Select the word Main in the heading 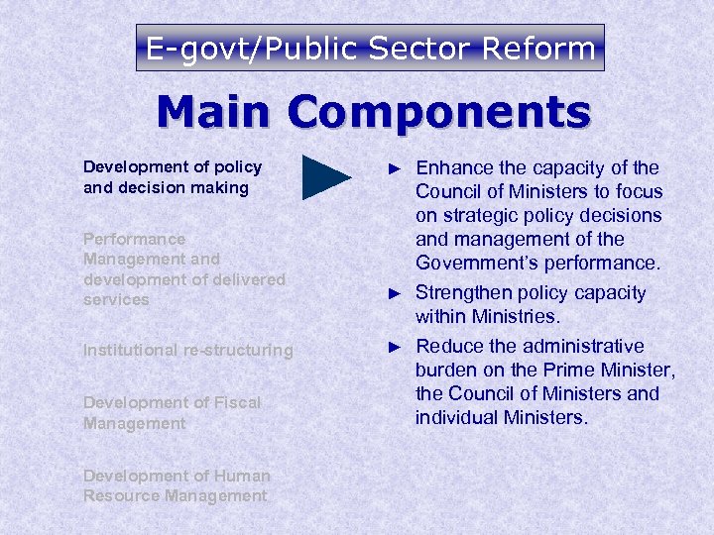tap(215, 112)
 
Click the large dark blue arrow tap(326, 177)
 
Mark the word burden tap(446, 371)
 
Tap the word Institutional tap(129, 350)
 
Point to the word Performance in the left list tap(134, 239)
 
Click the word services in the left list tap(116, 300)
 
